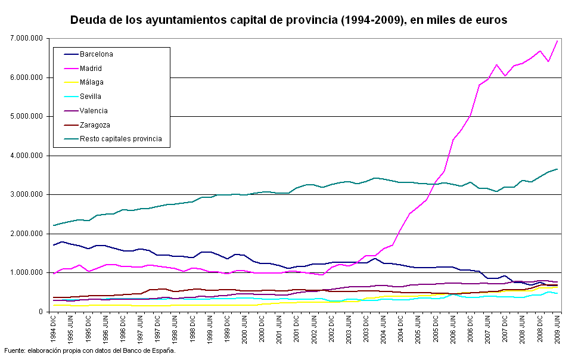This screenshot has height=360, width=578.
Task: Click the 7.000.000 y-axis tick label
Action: click(27, 38)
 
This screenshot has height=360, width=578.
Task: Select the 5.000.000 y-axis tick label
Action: click(27, 116)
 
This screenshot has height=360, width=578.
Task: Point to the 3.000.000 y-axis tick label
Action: click(27, 195)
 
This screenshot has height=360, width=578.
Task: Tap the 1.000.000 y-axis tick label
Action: click(27, 273)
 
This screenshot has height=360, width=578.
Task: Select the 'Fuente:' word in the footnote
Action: click(15, 350)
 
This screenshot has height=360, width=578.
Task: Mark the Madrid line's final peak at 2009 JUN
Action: click(557, 41)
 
